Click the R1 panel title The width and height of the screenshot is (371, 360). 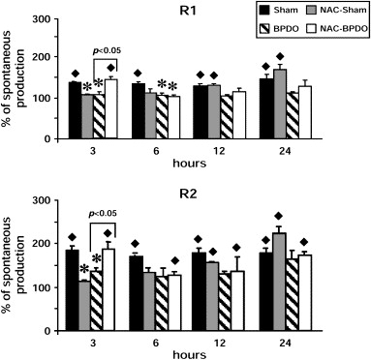189,11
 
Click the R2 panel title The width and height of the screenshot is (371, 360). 189,195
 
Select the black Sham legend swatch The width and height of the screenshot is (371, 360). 264,11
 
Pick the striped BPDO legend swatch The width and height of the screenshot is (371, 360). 264,29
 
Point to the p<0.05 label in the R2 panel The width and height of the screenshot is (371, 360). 103,214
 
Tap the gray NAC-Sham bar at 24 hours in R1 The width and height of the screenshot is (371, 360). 280,104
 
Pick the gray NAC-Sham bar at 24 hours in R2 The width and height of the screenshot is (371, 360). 280,282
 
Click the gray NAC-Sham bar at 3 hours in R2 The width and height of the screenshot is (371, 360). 84,306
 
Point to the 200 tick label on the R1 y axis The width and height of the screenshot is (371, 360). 43,57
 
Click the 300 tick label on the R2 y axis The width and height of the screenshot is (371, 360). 43,200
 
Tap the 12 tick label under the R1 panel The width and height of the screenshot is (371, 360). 220,151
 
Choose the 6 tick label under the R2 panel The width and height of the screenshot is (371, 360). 156,343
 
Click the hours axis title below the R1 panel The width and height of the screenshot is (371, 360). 189,163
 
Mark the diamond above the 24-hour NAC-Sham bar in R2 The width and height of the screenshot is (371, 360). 278,216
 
